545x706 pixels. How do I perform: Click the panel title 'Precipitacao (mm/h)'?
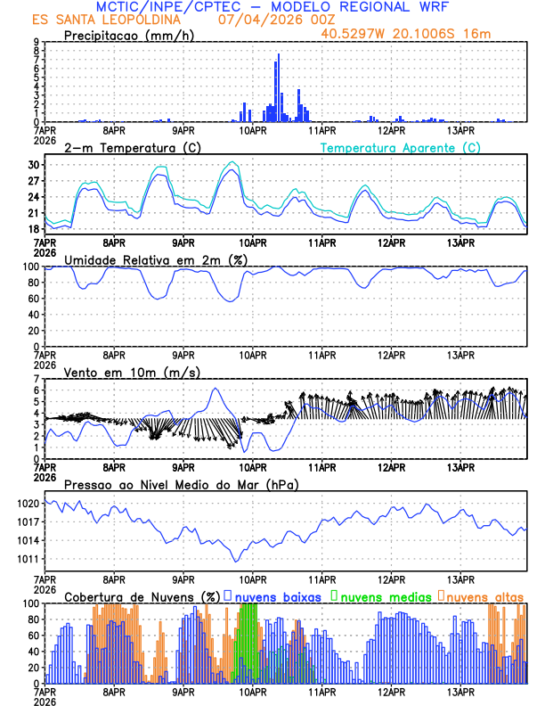(130, 36)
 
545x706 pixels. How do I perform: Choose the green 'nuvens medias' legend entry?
(382, 595)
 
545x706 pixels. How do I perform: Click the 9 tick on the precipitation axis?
(36, 42)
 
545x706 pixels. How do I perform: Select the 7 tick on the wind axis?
(36, 379)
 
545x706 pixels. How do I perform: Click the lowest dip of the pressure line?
(236, 561)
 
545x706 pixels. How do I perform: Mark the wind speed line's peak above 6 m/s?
(215, 389)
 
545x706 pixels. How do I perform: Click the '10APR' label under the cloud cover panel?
(253, 693)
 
